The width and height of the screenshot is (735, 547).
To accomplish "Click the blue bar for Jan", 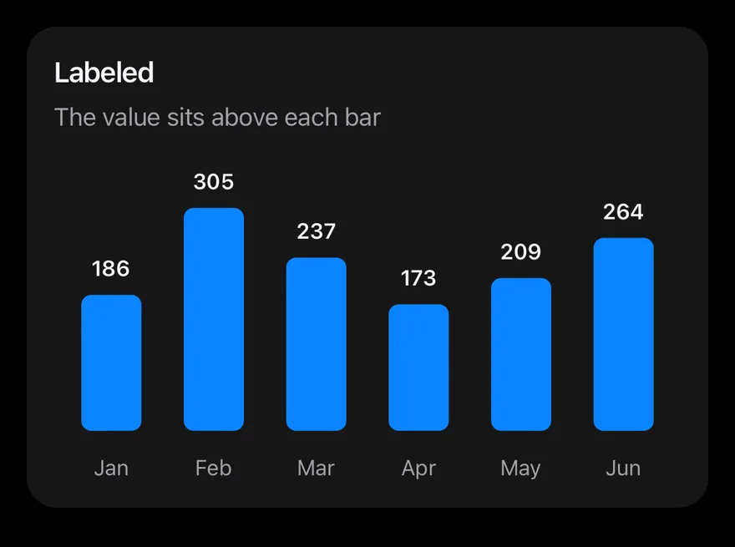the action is tap(111, 362).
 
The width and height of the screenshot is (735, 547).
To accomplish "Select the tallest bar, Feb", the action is tap(214, 319).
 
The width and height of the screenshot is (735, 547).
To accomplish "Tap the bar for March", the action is tap(317, 344).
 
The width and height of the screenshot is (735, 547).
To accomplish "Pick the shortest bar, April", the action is tap(418, 367).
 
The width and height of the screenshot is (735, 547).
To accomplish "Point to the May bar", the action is tap(521, 354).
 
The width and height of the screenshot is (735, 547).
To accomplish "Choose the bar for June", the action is tap(623, 334).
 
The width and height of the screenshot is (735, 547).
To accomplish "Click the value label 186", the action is tap(110, 269).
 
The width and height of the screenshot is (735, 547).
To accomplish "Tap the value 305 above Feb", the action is tap(214, 182).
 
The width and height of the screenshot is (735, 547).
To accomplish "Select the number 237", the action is tap(317, 231).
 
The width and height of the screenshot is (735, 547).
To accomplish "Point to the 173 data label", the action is tap(418, 278).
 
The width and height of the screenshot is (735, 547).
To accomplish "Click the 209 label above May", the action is tap(521, 252).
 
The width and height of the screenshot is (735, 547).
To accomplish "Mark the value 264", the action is tap(623, 212).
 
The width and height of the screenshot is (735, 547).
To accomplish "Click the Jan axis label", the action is tap(111, 468).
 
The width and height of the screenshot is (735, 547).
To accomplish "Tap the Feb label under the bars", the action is tap(213, 468).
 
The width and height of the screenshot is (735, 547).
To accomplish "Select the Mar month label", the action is tap(316, 468).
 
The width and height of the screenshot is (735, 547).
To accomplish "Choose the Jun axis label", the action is tap(623, 468).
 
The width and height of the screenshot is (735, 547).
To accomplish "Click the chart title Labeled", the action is tap(104, 73).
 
